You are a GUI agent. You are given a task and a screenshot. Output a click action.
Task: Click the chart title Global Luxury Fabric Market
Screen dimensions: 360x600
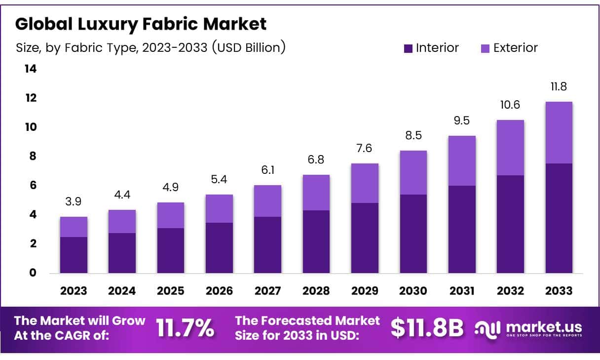point(141,24)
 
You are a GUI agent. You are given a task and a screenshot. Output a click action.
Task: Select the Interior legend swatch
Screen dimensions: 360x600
point(408,48)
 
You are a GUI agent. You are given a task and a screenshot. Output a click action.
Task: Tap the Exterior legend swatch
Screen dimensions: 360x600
point(485,48)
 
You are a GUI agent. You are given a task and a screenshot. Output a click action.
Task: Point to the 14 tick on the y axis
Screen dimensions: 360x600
point(31,69)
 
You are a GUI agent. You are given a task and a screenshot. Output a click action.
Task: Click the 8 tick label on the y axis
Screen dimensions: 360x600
point(32,157)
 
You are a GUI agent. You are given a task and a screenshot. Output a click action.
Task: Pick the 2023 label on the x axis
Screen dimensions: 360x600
point(74,291)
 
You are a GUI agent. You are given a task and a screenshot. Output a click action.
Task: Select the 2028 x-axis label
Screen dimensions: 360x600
point(316,291)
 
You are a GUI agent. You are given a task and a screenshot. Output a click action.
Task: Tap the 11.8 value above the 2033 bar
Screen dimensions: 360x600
point(559,87)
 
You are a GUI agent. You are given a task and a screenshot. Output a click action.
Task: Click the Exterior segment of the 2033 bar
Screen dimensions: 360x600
point(559,132)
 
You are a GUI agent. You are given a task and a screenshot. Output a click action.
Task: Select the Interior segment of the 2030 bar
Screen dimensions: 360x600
point(413,234)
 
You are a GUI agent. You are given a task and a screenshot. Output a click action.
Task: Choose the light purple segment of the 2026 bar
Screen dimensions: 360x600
point(219,208)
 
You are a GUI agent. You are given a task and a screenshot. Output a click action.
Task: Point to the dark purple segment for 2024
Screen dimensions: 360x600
point(122,253)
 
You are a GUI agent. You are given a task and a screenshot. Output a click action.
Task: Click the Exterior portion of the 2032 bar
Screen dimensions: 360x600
point(510,147)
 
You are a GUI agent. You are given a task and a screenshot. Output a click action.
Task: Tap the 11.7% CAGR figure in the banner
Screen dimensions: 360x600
point(186,328)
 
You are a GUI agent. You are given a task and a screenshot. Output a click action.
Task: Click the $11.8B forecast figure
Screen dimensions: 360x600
point(427,328)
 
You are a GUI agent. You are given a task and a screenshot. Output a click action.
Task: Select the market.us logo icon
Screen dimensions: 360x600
point(487,327)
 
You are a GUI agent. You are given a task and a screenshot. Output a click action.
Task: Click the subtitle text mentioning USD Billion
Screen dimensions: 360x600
point(151,48)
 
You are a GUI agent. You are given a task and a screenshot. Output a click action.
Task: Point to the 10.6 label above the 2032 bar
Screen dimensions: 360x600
point(510,105)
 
